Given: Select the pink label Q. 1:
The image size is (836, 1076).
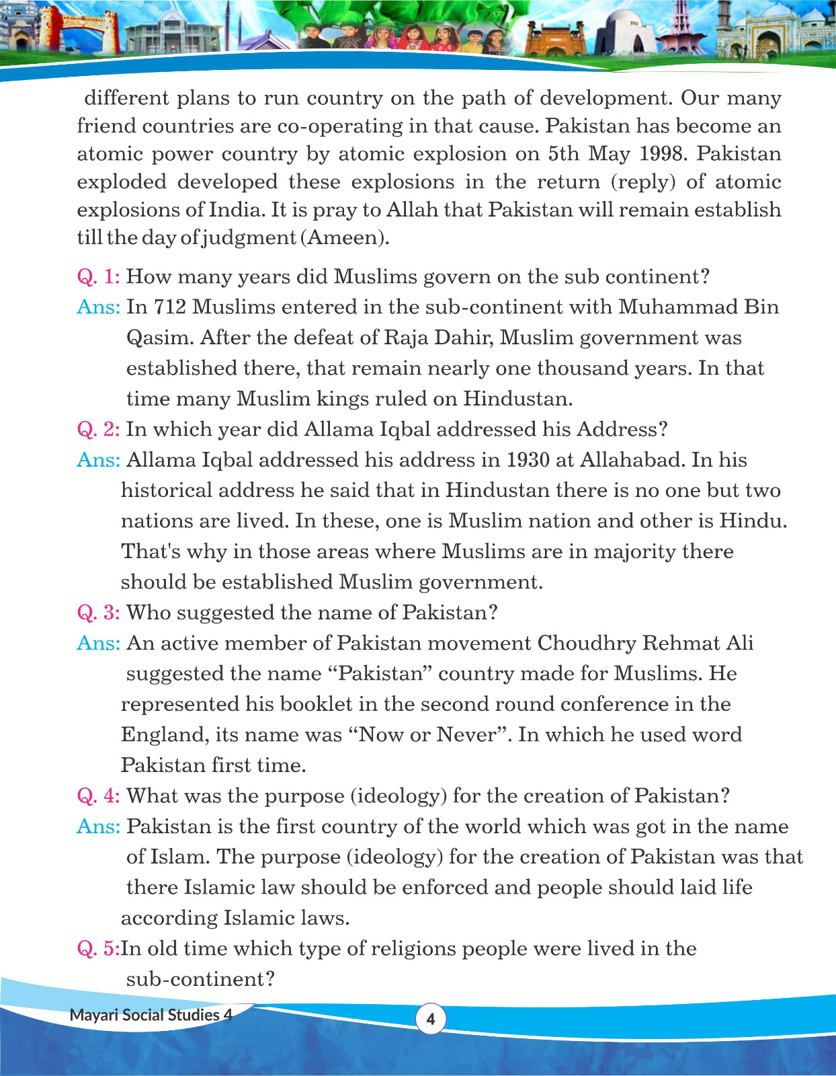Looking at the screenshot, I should pyautogui.click(x=98, y=276).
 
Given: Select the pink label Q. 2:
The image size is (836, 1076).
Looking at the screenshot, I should pyautogui.click(x=98, y=429).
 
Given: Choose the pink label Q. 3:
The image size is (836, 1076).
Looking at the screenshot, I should pyautogui.click(x=98, y=613).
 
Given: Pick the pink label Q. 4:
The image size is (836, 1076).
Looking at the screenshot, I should pyautogui.click(x=98, y=796).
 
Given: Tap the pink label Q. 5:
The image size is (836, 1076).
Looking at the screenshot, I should pyautogui.click(x=98, y=948).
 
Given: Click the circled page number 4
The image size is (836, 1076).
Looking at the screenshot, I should pyautogui.click(x=431, y=1019).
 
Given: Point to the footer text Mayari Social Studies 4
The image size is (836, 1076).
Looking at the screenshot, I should pyautogui.click(x=151, y=1015).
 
